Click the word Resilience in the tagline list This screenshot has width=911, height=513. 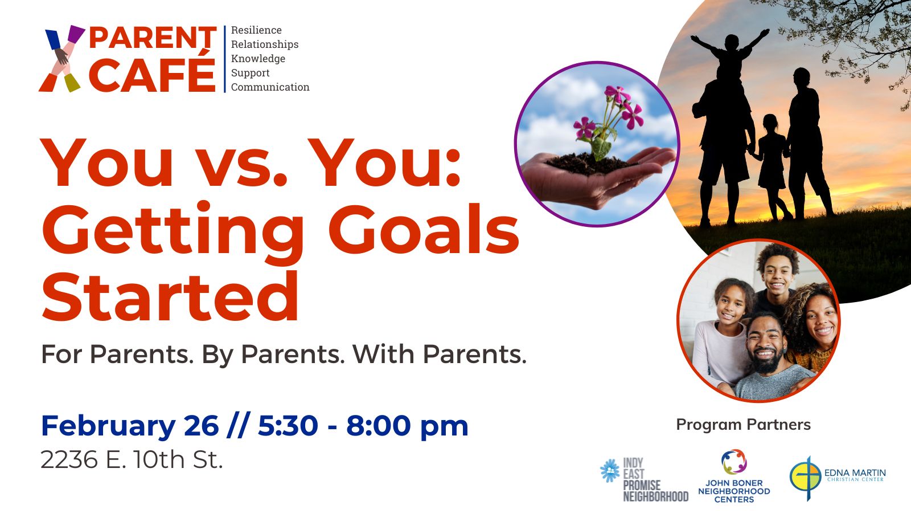pyautogui.click(x=256, y=30)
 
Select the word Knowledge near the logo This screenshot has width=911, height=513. pyautogui.click(x=258, y=59)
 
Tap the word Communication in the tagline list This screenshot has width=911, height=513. pyautogui.click(x=270, y=87)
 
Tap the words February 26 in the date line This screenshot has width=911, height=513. pyautogui.click(x=130, y=426)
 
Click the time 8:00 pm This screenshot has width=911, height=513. pyautogui.click(x=407, y=426)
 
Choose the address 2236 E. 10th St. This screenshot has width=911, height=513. pyautogui.click(x=132, y=459)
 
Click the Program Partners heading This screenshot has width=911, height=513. pyautogui.click(x=744, y=425)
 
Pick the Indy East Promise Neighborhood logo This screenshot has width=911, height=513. pyautogui.click(x=644, y=479)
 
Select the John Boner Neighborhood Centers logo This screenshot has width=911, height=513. pyautogui.click(x=734, y=476)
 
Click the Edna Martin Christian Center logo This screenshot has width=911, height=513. pyautogui.click(x=838, y=477)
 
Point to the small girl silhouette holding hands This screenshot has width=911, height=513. pyautogui.click(x=771, y=165)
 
